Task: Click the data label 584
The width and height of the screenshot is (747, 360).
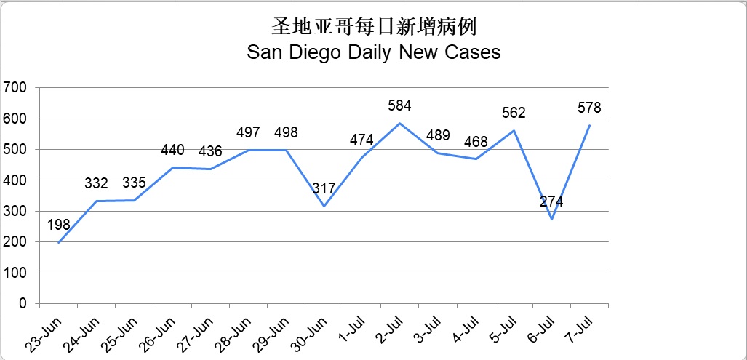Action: coord(399,105)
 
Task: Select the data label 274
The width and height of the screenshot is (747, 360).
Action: coord(551,201)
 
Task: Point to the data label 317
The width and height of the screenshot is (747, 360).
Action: coord(324,188)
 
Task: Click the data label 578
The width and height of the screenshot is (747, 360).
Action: coord(588,108)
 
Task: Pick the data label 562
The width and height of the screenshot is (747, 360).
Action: coord(513,113)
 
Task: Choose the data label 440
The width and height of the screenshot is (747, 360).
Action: coord(172,151)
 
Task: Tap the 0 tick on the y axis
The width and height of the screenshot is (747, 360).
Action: coord(23,303)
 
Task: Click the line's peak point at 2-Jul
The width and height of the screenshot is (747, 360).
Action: coord(399,124)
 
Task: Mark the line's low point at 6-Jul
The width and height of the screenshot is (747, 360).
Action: coord(551,219)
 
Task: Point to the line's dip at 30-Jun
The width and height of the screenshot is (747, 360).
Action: coord(324,206)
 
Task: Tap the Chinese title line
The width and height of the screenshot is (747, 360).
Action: coord(374,27)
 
